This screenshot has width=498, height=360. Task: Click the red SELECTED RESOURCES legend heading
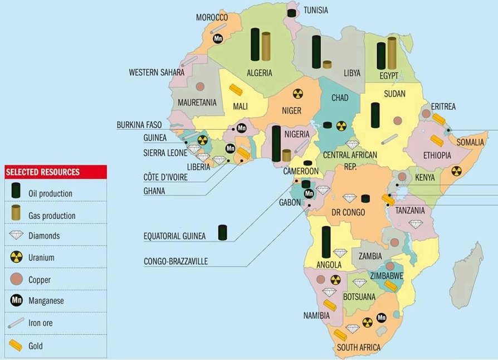coord(42,172)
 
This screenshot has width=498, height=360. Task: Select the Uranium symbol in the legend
coord(17,257)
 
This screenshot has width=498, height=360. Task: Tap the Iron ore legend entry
coord(17,323)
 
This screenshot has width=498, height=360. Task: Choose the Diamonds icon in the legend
coord(17,236)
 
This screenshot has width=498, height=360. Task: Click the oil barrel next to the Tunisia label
coord(291,12)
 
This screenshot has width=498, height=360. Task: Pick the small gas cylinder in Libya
coord(327,64)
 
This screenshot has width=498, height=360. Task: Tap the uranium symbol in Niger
coord(299,94)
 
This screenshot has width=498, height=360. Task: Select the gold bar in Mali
coord(236,90)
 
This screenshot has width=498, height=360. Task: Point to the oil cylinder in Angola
coord(326,242)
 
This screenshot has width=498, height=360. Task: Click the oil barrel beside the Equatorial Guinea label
coord(223,232)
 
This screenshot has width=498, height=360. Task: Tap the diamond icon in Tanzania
coord(415,223)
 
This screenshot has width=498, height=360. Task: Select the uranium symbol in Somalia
coord(456,171)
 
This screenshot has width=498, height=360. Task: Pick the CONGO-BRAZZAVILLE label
coord(175,261)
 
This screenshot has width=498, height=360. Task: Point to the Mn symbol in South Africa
coord(382,318)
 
